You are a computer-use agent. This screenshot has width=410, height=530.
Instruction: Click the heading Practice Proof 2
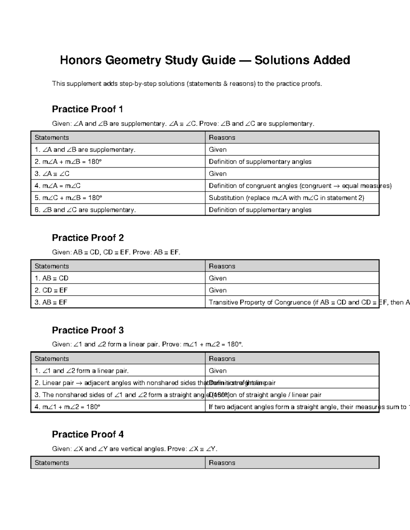pos(87,238)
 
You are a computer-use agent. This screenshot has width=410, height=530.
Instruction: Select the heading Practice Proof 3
pos(87,330)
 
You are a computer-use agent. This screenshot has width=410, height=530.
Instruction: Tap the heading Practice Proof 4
pos(87,434)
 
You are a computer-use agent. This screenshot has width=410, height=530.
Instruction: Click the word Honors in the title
pos(81,60)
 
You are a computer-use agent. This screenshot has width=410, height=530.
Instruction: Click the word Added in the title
pos(331,60)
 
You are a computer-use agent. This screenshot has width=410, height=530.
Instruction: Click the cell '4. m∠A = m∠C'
pos(58,186)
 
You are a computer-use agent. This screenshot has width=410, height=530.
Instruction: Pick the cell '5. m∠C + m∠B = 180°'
pos(68,198)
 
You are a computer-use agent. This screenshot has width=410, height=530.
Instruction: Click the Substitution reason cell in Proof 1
pos(286,198)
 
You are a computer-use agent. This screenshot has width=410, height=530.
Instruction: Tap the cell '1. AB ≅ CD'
pos(52,278)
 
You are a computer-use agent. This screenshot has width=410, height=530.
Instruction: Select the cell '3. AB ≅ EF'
pos(51,302)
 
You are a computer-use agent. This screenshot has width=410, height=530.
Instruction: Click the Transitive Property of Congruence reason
pos(292,302)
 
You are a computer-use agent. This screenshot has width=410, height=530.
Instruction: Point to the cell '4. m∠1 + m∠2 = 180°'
pos(67,407)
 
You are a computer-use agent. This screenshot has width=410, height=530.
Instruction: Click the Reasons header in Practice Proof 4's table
pos(222,463)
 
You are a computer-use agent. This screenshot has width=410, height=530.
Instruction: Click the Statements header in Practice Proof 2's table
pos(52,266)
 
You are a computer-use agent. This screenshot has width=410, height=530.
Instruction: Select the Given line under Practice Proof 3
pos(148,344)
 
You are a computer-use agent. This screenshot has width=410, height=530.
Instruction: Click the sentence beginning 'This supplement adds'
pos(187,84)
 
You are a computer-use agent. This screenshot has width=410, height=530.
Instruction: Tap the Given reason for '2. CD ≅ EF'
pos(218,290)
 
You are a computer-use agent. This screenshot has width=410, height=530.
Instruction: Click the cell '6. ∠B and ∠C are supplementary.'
pos(85,210)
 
